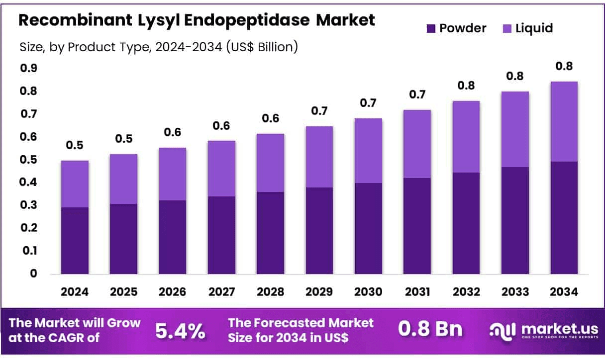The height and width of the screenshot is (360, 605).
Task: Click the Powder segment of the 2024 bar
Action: point(75,240)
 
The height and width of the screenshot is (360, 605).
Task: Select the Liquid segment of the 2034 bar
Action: point(564,121)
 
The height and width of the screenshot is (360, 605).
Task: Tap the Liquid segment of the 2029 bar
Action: point(319,157)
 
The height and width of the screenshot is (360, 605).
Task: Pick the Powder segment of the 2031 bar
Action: point(417,226)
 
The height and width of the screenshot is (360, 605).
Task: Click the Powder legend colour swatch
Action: point(431,28)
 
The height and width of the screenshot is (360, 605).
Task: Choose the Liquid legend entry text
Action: point(533,28)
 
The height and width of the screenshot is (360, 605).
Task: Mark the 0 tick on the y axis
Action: point(33,273)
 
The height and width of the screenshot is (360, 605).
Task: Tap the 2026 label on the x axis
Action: point(172,292)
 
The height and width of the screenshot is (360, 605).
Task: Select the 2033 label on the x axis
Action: point(515,292)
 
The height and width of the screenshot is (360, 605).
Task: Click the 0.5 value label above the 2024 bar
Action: point(75,146)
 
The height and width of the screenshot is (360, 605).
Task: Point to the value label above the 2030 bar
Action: point(368,103)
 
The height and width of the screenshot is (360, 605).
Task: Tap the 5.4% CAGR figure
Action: point(180,330)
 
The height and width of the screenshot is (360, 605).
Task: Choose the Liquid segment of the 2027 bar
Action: point(221,169)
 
